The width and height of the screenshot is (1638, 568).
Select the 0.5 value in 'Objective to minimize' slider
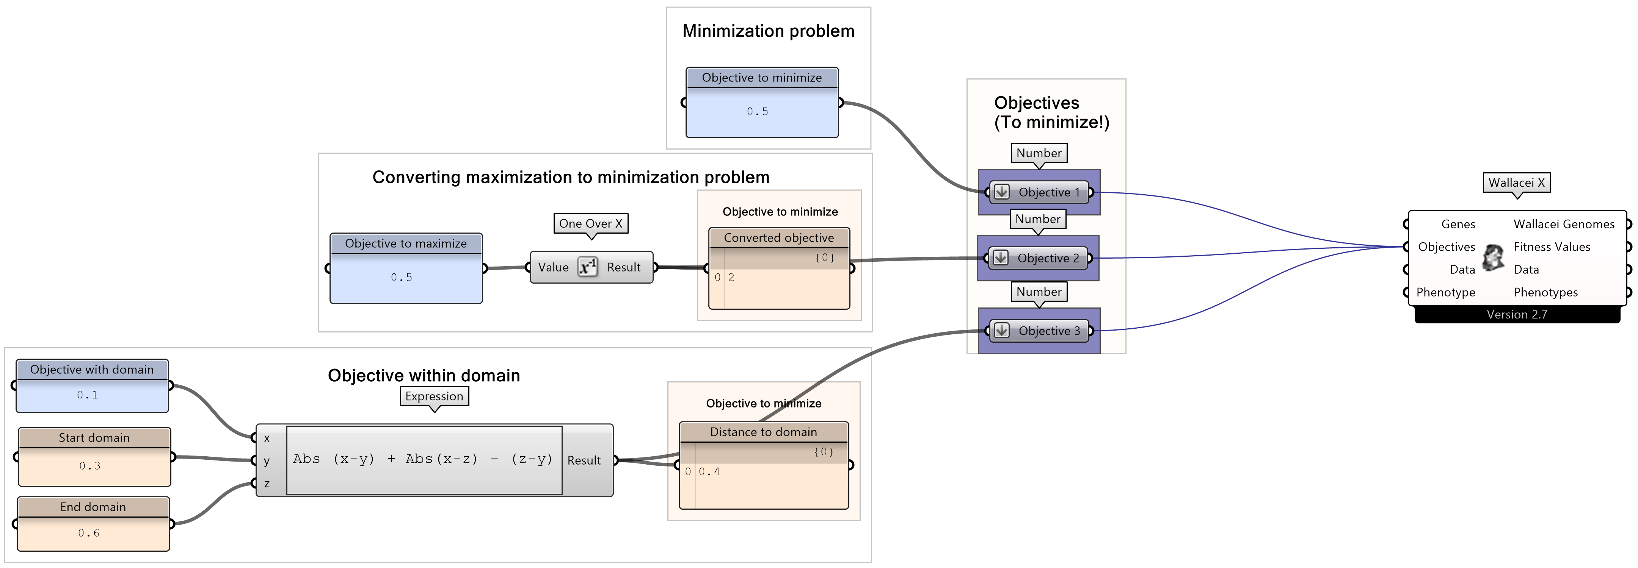(x=757, y=112)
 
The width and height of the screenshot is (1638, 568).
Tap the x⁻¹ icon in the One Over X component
(x=587, y=267)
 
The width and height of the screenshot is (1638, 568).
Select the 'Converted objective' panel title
(x=778, y=238)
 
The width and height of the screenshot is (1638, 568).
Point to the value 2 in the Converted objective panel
(x=731, y=278)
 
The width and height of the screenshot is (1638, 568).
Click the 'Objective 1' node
(x=1048, y=192)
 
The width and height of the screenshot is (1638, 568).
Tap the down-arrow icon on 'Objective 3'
(x=1001, y=330)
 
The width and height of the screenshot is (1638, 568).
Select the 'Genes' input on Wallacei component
(x=1458, y=224)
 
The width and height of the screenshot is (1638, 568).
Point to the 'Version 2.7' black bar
(x=1517, y=315)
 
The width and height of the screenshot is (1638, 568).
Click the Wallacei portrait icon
(x=1493, y=257)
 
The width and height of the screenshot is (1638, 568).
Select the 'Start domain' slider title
(x=94, y=438)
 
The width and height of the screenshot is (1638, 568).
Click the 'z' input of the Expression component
(x=267, y=484)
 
